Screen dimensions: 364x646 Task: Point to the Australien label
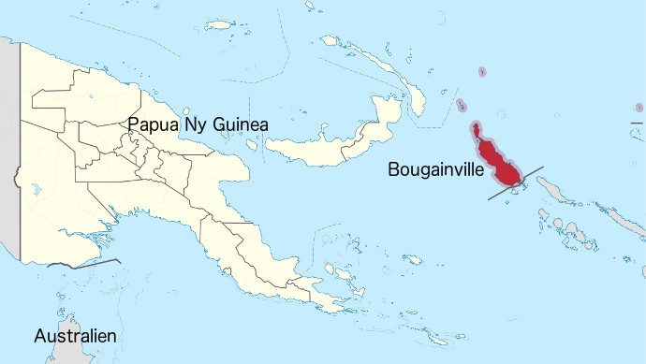[75, 335]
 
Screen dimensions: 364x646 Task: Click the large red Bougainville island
[500, 163]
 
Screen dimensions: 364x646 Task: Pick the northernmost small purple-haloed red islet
[482, 72]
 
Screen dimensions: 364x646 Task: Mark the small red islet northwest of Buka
[462, 106]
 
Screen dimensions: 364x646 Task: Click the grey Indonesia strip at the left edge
[8, 150]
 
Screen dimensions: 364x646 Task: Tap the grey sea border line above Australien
[84, 265]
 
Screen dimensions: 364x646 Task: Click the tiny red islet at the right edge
[639, 109]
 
